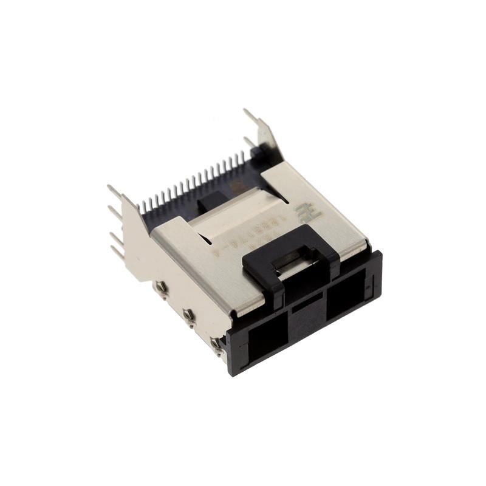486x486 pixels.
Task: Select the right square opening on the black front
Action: (346, 296)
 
